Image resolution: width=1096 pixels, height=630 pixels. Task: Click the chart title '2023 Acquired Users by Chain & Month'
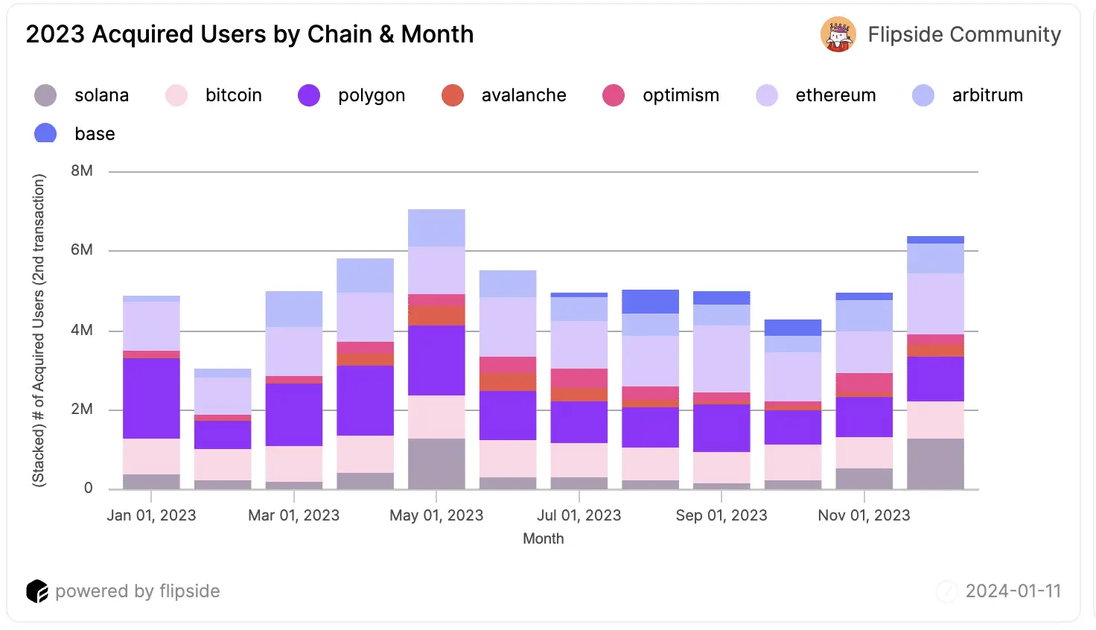tap(249, 34)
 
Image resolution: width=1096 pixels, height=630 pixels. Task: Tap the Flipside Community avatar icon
tap(838, 34)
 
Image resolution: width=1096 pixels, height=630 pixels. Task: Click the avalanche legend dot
tap(453, 95)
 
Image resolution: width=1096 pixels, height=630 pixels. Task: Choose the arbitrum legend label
tap(987, 95)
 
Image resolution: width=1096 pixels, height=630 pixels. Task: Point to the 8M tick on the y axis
tap(82, 171)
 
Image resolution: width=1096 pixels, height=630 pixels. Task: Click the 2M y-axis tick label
tap(82, 409)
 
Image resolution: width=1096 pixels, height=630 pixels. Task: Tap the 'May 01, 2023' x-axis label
tap(436, 515)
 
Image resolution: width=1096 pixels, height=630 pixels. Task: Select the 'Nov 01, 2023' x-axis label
tap(864, 515)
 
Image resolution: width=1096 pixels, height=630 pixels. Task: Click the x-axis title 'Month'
tap(543, 538)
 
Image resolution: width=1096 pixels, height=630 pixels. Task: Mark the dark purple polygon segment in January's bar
tap(151, 398)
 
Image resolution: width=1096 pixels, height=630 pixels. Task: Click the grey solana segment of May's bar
tap(436, 463)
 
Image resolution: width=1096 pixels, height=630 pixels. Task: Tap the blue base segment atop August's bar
tap(650, 301)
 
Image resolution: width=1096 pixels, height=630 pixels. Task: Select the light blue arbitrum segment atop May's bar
tap(436, 227)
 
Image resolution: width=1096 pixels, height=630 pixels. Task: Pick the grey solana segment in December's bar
tap(935, 463)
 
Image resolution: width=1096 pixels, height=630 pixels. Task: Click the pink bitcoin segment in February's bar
tap(223, 464)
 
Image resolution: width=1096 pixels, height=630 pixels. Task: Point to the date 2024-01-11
tap(1013, 591)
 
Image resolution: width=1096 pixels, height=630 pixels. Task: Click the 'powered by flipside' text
tap(138, 591)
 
